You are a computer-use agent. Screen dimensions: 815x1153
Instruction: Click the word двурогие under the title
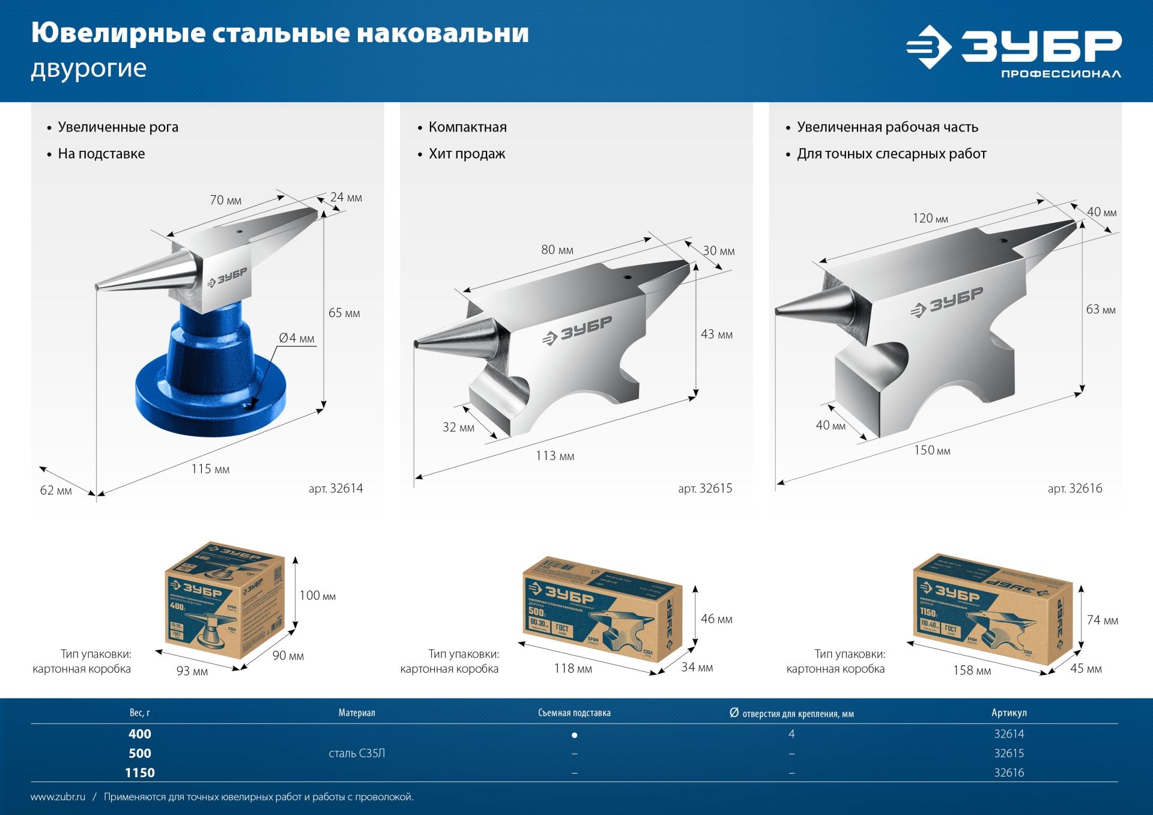(88, 68)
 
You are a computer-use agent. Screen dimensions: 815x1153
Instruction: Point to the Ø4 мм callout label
(297, 338)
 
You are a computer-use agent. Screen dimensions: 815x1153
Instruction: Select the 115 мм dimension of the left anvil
(210, 469)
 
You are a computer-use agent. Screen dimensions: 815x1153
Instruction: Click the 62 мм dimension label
(56, 491)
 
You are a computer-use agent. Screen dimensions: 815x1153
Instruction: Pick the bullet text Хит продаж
(467, 154)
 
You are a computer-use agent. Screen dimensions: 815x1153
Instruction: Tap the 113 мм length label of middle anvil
(555, 456)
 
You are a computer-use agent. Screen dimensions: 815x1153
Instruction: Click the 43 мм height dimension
(716, 335)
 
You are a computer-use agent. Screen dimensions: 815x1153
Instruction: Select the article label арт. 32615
(705, 489)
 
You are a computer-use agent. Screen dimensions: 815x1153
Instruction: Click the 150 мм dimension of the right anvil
(932, 450)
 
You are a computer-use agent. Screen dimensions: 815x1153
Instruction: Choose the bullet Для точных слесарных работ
(891, 154)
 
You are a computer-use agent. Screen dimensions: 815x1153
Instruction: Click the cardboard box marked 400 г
(224, 601)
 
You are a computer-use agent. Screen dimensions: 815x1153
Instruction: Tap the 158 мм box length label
(972, 670)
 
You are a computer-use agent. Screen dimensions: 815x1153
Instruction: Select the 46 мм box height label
(716, 619)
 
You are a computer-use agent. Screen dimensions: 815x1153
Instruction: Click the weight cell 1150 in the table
(139, 773)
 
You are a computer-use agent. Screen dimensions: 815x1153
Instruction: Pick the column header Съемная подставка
(574, 713)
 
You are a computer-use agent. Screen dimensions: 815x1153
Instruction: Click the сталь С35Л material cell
(357, 754)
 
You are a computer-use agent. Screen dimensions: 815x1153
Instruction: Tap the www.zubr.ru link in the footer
(58, 797)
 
